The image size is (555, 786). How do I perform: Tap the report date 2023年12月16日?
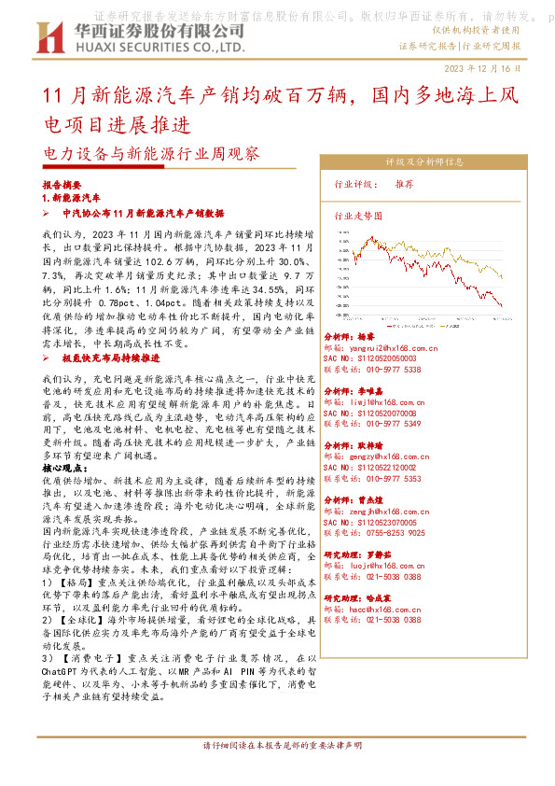click(489, 70)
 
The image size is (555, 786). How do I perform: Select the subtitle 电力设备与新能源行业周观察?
click(153, 151)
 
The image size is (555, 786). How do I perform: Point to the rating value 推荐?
click(430, 184)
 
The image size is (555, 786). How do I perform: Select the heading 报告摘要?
click(62, 185)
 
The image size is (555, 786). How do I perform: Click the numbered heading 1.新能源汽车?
click(72, 199)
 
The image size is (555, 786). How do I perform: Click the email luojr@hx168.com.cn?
click(382, 566)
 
